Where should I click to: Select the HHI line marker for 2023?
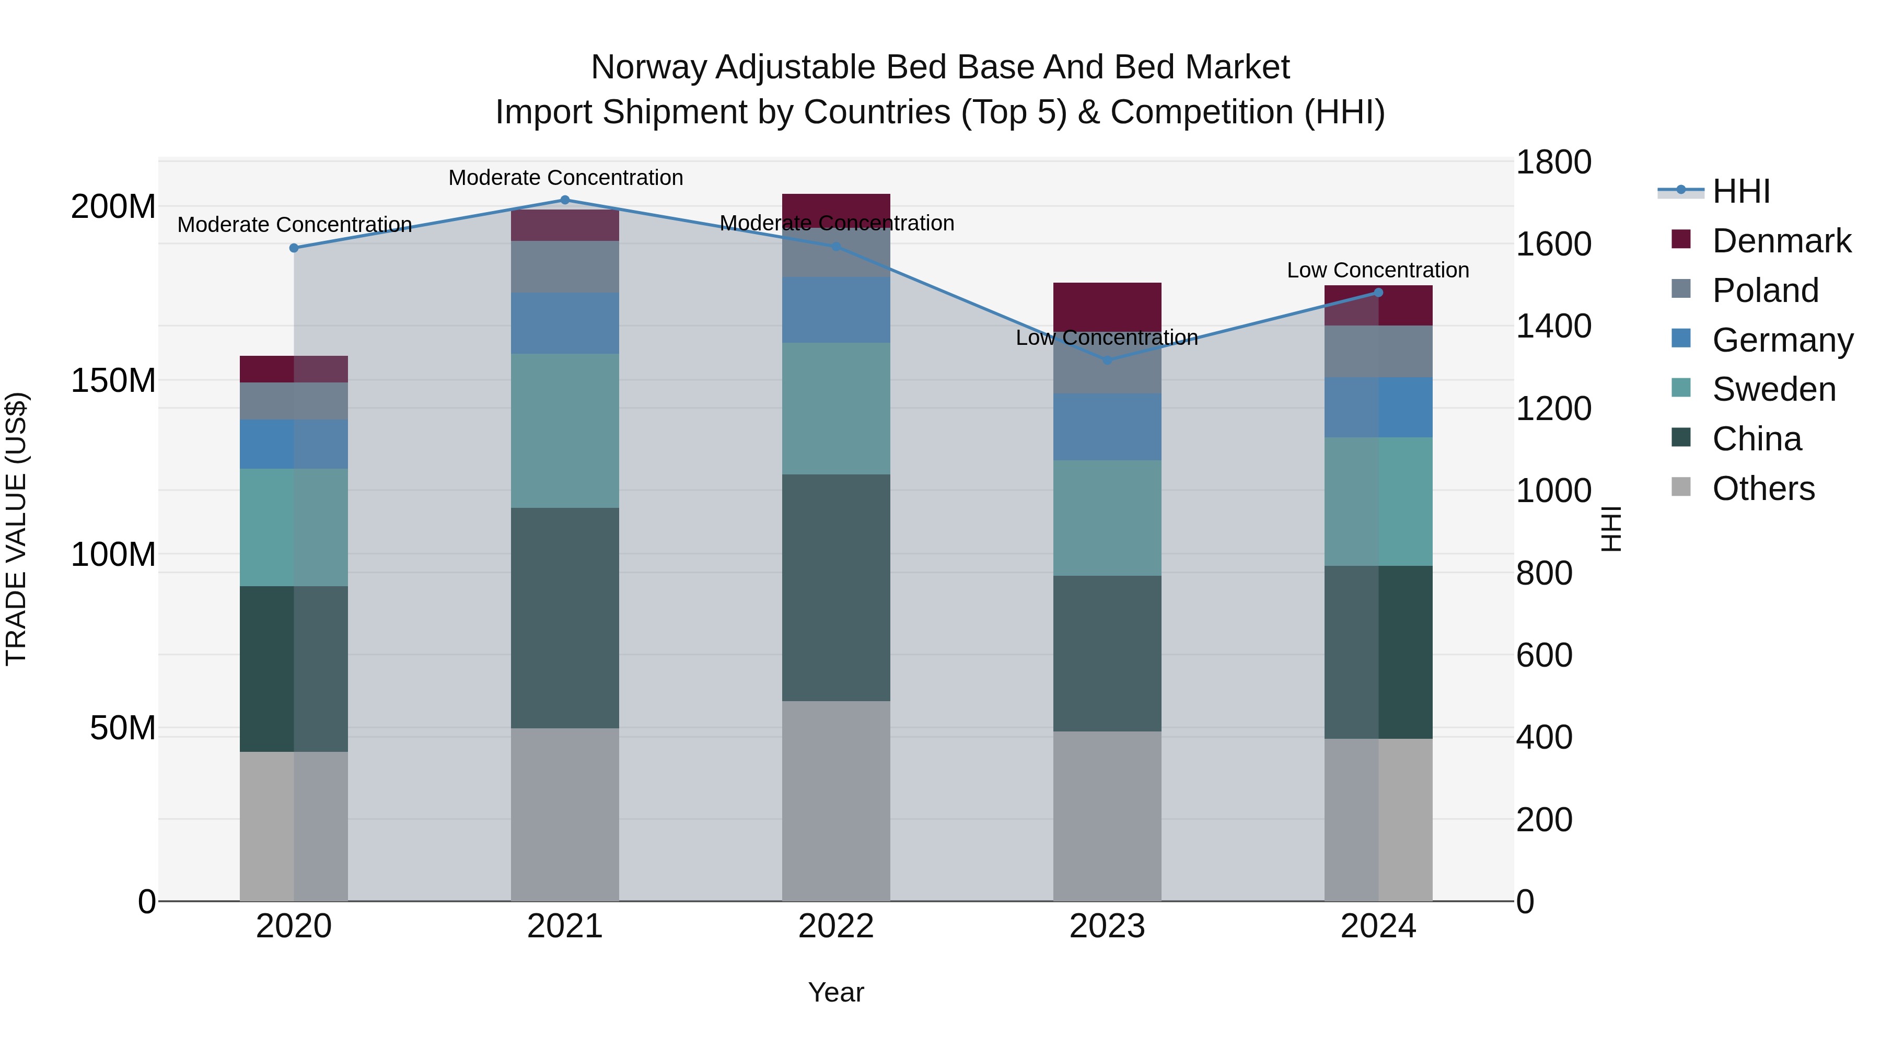coord(1107,360)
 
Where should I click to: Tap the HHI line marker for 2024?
coord(1378,293)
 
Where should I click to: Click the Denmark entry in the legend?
coord(1781,241)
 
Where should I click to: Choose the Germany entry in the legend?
coord(1782,340)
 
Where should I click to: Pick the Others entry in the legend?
coord(1763,489)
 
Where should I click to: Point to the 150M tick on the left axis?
coord(113,380)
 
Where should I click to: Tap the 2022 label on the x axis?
coord(835,926)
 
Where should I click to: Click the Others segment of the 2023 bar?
coord(1107,816)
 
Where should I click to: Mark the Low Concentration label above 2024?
coord(1377,270)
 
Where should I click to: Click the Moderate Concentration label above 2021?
coord(565,178)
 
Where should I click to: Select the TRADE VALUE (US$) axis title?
coord(16,529)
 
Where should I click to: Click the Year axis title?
coord(835,992)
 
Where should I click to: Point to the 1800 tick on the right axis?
coord(1553,162)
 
